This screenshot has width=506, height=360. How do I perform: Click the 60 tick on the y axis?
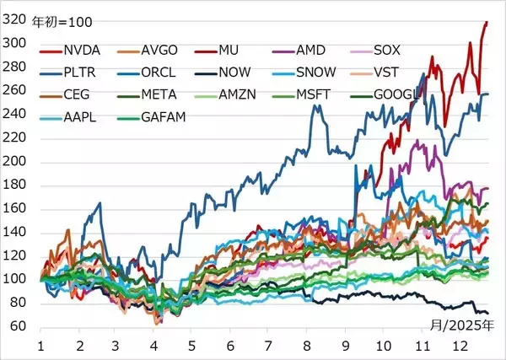click(19, 327)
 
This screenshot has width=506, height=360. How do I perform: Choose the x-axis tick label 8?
click(306, 346)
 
